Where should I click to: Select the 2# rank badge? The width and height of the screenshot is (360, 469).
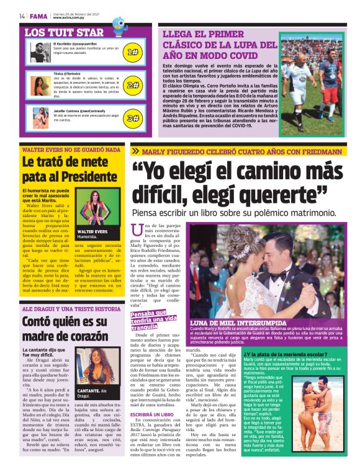[x=132, y=85]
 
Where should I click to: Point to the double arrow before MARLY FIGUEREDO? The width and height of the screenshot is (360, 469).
[x=135, y=151]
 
